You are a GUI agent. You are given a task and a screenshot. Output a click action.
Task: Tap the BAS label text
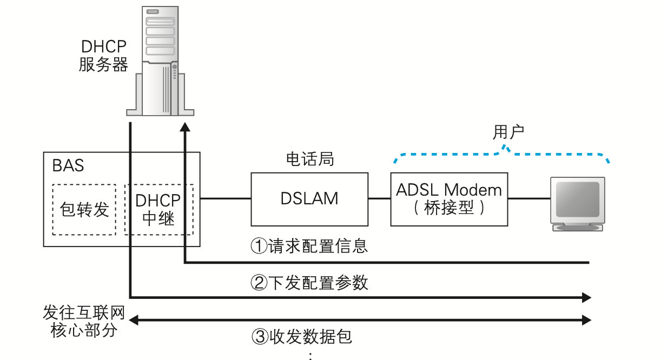(69, 165)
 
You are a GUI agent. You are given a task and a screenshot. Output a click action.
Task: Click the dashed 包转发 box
(84, 210)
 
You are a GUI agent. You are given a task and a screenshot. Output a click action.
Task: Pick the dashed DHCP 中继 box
(158, 210)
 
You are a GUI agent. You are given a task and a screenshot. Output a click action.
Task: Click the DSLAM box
(309, 199)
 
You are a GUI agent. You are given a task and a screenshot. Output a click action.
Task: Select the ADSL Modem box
(449, 199)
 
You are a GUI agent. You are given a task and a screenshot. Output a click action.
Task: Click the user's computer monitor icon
(577, 203)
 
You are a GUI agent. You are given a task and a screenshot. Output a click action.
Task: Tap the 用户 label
(508, 132)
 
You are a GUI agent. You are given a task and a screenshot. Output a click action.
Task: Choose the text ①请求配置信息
(309, 246)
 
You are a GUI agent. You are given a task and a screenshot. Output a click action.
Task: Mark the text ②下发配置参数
(309, 282)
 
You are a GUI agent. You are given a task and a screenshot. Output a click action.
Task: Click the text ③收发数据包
(302, 337)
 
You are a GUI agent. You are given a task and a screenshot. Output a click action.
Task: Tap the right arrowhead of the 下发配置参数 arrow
(586, 297)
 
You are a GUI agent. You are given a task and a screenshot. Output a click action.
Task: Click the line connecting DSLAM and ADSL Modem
(379, 199)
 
